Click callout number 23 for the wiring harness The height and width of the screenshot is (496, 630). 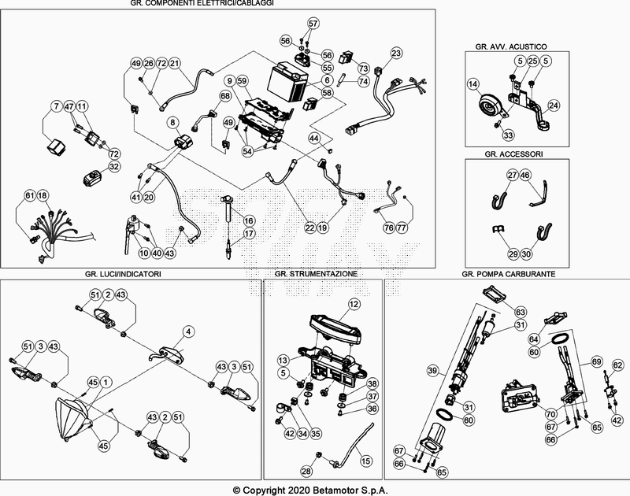point(396,53)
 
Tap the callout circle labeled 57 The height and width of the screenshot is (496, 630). point(313,24)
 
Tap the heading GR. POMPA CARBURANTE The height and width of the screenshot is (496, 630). point(508,273)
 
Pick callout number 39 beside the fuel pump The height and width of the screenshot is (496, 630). point(432,369)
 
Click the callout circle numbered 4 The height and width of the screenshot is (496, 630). point(188,331)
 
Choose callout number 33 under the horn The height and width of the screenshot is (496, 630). point(508,135)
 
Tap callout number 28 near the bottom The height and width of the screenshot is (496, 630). point(306,471)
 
